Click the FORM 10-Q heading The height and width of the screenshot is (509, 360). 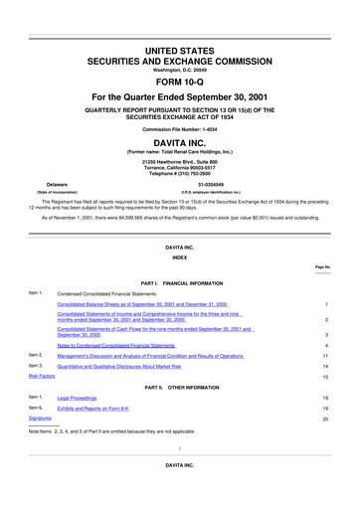pos(179,56)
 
